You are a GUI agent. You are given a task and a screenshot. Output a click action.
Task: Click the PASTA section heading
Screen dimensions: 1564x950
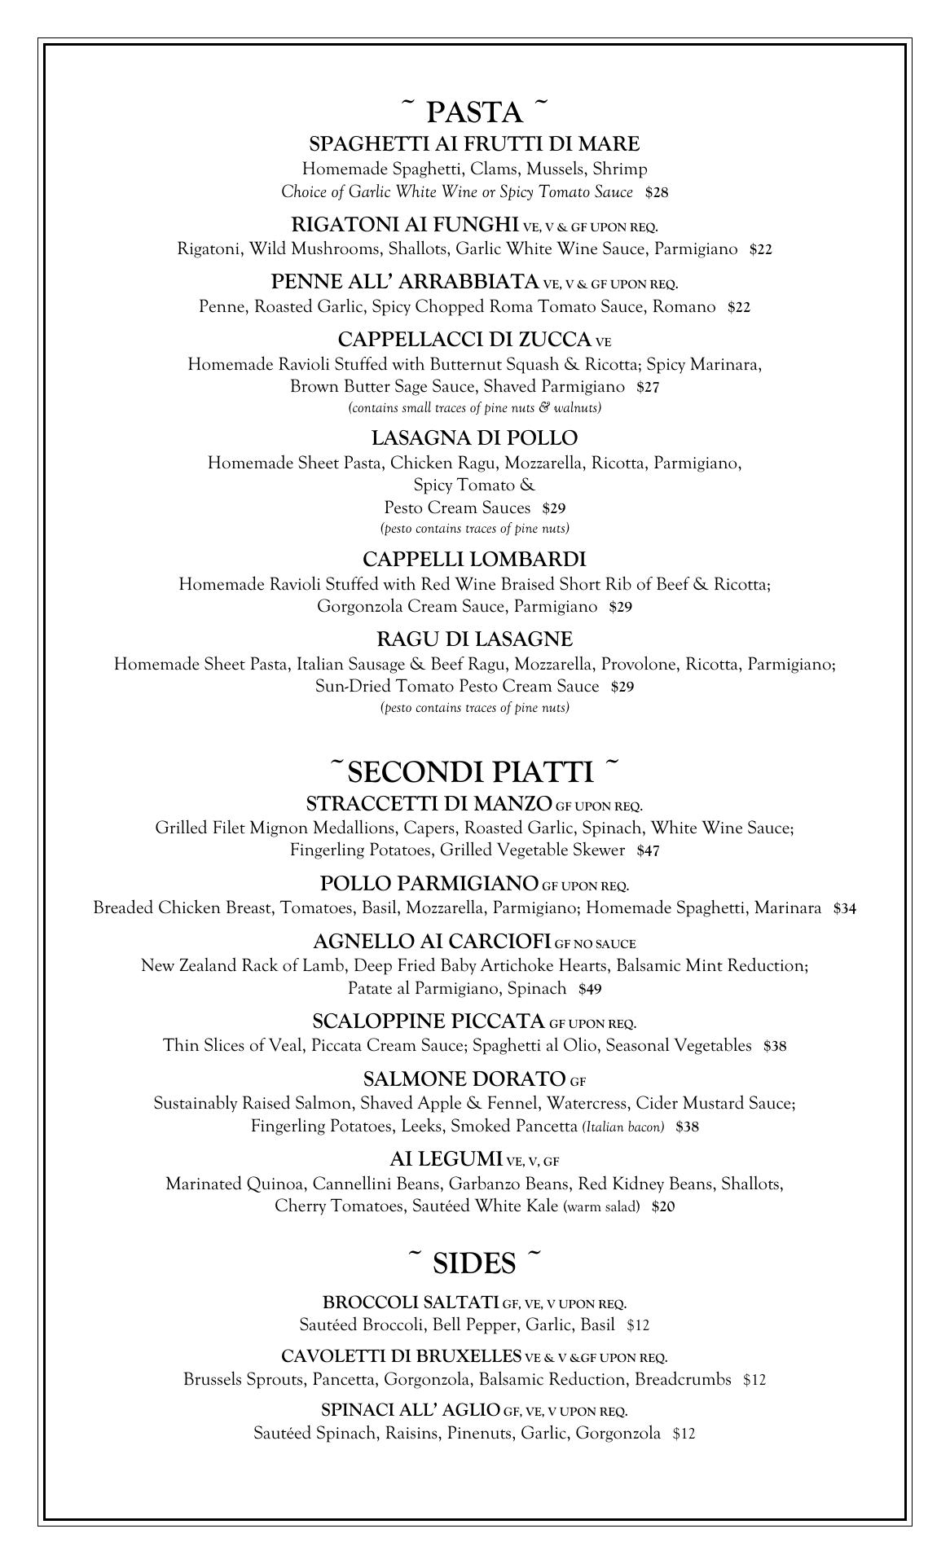474,112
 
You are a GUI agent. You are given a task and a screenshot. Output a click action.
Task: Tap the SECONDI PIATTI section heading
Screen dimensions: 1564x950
474,771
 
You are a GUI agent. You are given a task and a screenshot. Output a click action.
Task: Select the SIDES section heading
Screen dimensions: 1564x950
474,1263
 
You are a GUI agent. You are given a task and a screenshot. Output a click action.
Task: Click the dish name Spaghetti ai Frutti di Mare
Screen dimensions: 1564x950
474,144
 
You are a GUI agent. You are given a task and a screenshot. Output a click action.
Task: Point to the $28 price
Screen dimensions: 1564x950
657,193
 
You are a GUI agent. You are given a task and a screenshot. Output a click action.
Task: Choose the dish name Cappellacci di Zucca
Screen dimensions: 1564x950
464,339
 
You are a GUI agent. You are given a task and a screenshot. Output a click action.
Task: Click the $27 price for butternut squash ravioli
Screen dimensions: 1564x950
648,387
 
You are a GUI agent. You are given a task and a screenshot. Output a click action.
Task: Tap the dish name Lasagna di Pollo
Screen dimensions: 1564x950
474,438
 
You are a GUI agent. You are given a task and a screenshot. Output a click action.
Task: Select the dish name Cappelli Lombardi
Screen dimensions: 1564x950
474,560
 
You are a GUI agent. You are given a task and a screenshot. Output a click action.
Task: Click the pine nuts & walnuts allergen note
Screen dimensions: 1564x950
474,407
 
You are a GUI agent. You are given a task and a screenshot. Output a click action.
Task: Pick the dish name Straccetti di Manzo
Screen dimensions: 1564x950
429,804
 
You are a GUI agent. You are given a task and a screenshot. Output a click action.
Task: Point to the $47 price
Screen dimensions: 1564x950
649,851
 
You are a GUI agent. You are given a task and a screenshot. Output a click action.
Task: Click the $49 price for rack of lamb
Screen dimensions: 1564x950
590,990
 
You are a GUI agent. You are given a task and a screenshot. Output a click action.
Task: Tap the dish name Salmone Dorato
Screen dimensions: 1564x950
464,1079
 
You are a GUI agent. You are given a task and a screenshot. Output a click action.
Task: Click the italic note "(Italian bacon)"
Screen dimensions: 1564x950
623,1127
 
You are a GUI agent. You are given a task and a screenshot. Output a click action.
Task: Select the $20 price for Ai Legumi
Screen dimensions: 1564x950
663,1207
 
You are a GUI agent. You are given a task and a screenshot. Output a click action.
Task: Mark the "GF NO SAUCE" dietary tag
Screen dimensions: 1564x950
595,944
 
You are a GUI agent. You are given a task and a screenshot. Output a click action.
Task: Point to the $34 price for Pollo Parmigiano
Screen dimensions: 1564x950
844,909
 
